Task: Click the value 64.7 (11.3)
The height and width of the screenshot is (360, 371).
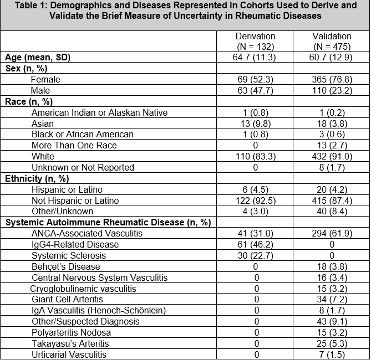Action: pos(256,58)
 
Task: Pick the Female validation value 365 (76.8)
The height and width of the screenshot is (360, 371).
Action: pos(332,80)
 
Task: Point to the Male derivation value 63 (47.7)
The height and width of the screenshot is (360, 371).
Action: pos(256,91)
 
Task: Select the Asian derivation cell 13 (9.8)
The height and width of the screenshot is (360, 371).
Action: pos(256,124)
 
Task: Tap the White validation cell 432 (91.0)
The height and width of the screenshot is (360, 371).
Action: pos(332,157)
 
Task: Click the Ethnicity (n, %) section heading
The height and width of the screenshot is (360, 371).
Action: pos(36,178)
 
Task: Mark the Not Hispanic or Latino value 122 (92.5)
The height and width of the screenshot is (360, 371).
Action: pos(256,200)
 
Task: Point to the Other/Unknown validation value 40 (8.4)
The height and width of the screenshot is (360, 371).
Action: pos(332,212)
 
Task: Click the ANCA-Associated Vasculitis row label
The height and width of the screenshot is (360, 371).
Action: pos(87,234)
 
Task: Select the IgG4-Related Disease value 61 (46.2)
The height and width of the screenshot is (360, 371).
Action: pos(256,244)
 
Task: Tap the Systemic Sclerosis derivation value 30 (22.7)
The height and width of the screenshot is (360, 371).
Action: pos(256,255)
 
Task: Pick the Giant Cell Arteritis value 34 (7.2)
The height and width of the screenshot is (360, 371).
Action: pos(332,300)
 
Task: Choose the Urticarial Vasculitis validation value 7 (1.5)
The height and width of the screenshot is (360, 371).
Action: pos(332,354)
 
